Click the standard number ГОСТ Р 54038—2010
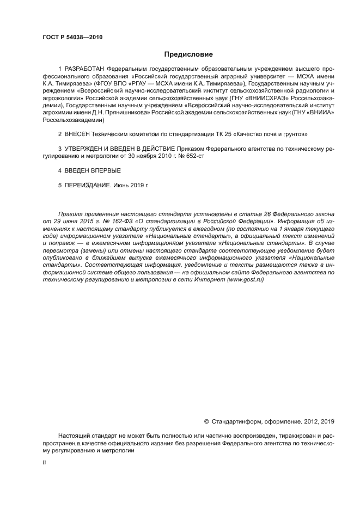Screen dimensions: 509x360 click(x=72, y=37)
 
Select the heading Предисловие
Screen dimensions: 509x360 click(x=188, y=54)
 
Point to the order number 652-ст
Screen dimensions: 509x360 click(x=193, y=156)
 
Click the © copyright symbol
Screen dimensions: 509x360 click(x=206, y=421)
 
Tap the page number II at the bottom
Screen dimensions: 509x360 click(x=45, y=462)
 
